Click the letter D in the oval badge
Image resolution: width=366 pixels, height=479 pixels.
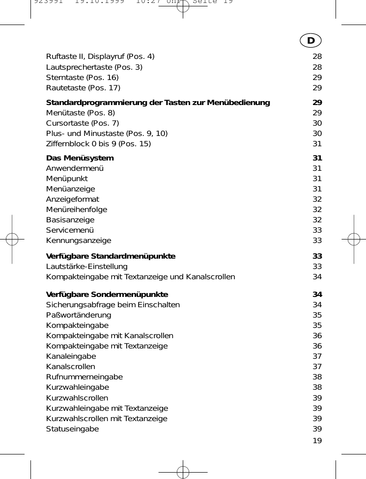310,40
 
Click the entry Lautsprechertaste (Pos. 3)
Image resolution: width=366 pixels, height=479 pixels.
94,67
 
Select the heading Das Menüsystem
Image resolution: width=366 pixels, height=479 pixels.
80,158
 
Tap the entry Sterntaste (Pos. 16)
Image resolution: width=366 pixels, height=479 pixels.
82,78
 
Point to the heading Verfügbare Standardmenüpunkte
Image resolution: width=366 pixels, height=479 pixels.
111,256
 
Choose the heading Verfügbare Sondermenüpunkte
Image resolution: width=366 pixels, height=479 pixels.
107,294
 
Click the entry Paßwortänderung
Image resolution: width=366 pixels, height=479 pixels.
79,315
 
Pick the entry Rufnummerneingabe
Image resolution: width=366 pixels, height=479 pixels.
84,377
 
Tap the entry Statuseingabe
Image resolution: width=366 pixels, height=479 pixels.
72,429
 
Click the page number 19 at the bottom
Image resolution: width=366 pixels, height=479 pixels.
317,440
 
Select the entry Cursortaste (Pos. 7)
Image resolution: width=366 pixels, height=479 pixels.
82,123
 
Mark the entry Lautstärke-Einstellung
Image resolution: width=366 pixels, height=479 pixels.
86,266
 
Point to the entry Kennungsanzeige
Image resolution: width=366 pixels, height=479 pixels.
79,240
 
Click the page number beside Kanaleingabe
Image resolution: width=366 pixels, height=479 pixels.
317,356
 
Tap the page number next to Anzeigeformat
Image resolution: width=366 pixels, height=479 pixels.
317,199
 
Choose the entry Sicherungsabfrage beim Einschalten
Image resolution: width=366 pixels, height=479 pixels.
113,305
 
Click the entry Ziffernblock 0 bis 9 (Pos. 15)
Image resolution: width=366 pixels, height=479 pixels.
98,144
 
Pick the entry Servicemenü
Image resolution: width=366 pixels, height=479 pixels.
70,230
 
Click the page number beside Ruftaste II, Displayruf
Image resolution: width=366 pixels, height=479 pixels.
317,57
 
